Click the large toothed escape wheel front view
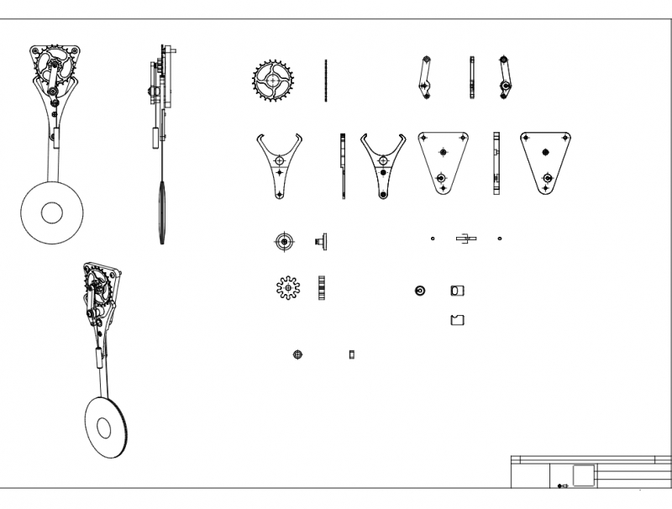point(272,81)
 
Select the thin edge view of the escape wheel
point(325,81)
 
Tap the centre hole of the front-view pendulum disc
point(51,213)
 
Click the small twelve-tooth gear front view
point(288,288)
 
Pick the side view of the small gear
point(322,288)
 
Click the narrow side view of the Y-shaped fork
point(343,166)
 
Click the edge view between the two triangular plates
point(496,165)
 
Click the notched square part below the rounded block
point(458,320)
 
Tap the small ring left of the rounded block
point(419,291)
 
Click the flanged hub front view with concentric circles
point(284,242)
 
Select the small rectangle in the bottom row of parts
point(352,354)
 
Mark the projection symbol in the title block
point(562,485)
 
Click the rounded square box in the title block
point(583,474)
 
